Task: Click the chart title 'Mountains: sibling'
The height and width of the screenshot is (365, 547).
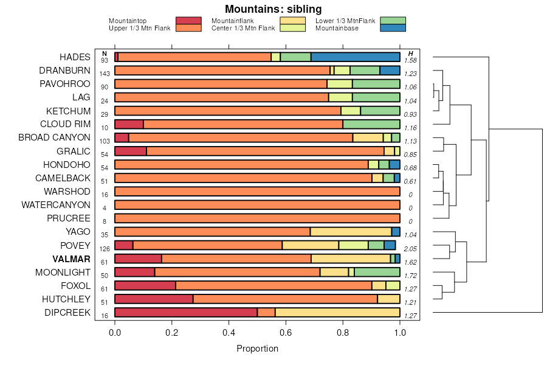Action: (273, 9)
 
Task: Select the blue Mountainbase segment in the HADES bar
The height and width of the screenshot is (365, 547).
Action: (356, 57)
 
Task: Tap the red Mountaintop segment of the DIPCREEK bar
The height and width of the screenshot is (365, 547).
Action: (186, 313)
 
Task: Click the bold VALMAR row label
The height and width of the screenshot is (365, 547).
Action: (71, 259)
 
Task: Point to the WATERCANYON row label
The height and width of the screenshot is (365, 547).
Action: (56, 205)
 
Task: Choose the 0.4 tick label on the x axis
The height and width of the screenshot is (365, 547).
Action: (229, 333)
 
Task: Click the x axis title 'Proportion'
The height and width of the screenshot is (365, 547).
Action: (257, 349)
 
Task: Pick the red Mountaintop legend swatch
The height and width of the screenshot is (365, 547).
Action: (188, 21)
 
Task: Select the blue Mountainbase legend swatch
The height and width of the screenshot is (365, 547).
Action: (393, 28)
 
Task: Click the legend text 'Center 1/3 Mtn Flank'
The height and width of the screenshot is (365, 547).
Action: (243, 28)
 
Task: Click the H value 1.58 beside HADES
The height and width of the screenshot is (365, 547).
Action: (411, 60)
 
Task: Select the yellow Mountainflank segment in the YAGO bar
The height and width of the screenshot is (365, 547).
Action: (351, 232)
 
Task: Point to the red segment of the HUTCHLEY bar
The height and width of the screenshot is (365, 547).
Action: (154, 299)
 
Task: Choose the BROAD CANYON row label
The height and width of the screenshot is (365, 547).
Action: (54, 137)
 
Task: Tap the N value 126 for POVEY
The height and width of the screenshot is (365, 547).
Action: (105, 248)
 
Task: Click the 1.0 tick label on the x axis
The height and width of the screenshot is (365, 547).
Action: (400, 333)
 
